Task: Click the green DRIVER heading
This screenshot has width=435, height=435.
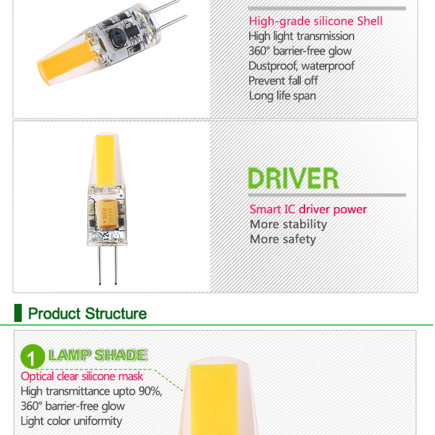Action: [293, 178]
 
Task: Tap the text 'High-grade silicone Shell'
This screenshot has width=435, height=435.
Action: [316, 21]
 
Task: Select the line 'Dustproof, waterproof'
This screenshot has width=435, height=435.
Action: [301, 66]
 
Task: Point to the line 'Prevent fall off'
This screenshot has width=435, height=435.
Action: [283, 81]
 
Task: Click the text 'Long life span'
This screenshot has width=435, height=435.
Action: [282, 96]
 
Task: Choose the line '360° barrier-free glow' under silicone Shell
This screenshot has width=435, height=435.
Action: [300, 51]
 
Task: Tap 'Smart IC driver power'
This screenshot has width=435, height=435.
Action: [308, 209]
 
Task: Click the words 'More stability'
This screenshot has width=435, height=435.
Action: [288, 224]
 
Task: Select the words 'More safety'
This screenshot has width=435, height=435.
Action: [283, 239]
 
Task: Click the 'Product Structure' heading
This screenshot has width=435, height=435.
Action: [88, 313]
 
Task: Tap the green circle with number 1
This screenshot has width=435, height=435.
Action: [32, 356]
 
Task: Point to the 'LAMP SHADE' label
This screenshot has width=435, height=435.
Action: [97, 355]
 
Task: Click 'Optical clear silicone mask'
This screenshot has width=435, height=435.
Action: [82, 377]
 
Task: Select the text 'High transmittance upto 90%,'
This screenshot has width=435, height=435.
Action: [91, 391]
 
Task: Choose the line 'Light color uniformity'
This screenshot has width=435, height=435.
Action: [71, 421]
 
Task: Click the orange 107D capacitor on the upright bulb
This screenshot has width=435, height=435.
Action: [106, 214]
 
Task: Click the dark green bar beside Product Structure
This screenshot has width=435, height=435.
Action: [18, 313]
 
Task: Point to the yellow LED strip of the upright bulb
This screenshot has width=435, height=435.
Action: [105, 160]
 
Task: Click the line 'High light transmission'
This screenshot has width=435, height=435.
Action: [301, 36]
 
